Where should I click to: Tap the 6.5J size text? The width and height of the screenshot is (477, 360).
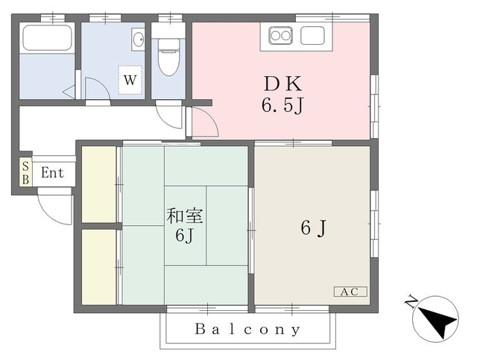[282, 107]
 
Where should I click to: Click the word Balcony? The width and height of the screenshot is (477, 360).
[248, 329]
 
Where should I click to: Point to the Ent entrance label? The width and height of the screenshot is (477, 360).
[53, 173]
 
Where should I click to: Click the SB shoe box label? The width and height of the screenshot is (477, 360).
[25, 173]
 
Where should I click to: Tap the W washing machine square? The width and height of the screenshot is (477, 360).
[129, 78]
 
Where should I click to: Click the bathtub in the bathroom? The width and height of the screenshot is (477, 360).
[46, 38]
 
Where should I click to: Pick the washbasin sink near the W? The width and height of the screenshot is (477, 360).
[138, 40]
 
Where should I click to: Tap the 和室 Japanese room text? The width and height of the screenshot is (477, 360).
[185, 218]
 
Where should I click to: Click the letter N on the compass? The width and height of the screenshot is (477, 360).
[410, 301]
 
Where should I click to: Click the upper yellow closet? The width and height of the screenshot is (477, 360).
[98, 184]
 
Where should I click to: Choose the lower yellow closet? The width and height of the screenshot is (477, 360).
[98, 265]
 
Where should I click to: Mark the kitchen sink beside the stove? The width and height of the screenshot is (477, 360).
[310, 35]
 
